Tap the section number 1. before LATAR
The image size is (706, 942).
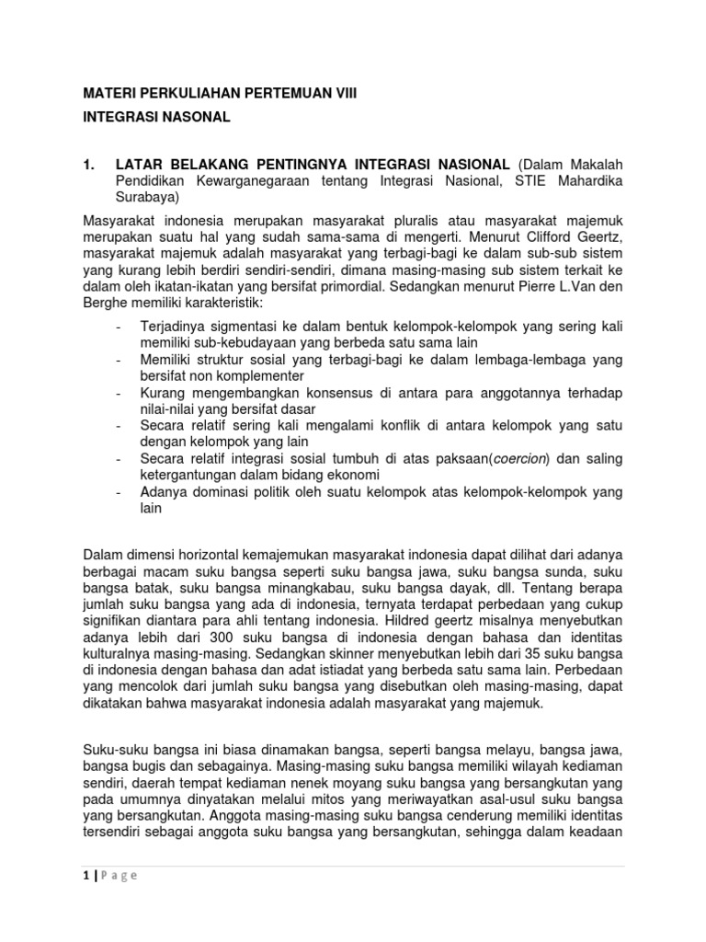tap(89, 164)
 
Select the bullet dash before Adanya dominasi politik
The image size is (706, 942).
tap(120, 493)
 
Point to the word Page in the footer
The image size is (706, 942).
tap(120, 875)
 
